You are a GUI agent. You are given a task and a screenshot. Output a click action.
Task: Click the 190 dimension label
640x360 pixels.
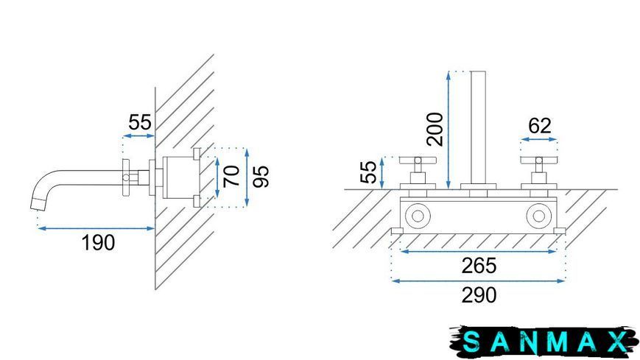[x=99, y=243]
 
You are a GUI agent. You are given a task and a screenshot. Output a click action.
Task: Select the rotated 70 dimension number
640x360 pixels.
[x=232, y=176]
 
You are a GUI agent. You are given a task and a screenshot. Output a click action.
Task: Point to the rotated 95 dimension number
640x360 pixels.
[x=261, y=177]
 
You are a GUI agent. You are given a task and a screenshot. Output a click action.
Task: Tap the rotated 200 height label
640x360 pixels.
[x=435, y=130]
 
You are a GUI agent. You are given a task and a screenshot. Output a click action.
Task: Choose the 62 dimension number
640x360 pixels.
[x=540, y=126]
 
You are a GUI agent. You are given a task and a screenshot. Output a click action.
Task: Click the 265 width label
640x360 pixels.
[x=479, y=266]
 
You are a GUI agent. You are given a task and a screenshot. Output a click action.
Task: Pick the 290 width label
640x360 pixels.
[x=479, y=295]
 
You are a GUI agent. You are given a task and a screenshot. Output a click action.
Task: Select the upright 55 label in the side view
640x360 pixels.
[x=140, y=122]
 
